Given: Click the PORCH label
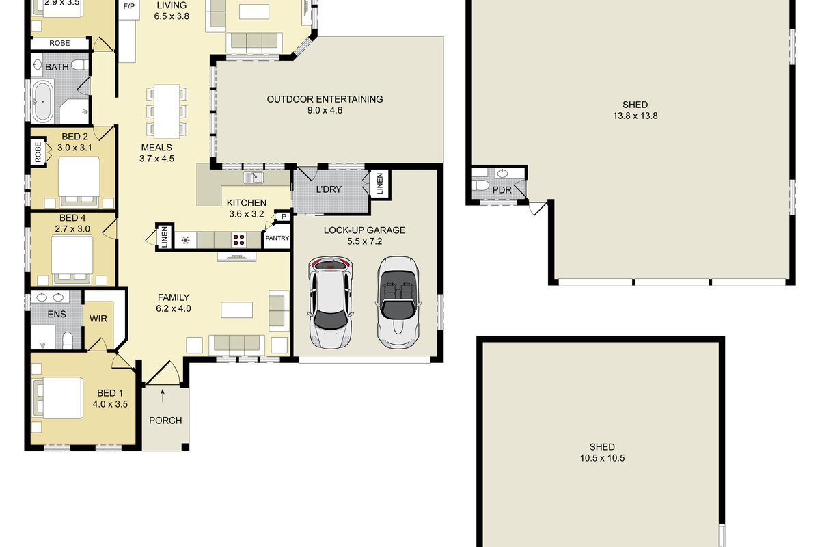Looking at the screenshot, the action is [165, 421].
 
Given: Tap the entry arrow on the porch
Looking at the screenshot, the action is [163, 396].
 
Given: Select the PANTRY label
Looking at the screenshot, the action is [277, 238].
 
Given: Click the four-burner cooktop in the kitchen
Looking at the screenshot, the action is [238, 240].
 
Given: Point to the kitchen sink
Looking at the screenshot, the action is [253, 177].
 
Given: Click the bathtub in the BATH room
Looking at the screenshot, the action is [43, 101].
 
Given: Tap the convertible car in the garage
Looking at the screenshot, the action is [398, 302].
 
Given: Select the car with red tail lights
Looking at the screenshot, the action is [331, 302].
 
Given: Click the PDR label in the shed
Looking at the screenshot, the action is [502, 190].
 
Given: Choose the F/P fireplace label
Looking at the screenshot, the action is [129, 7].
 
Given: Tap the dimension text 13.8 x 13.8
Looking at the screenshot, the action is [635, 116].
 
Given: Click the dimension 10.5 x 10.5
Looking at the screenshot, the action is [602, 458].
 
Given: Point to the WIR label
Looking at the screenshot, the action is [98, 319].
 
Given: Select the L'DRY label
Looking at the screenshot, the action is [329, 189].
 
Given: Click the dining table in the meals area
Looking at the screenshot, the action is [167, 111].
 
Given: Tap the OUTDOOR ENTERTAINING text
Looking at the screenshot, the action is [325, 99].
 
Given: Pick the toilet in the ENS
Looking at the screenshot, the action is [68, 341].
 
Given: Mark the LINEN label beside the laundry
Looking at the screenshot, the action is [380, 183].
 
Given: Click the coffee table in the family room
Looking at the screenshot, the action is [237, 310].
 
